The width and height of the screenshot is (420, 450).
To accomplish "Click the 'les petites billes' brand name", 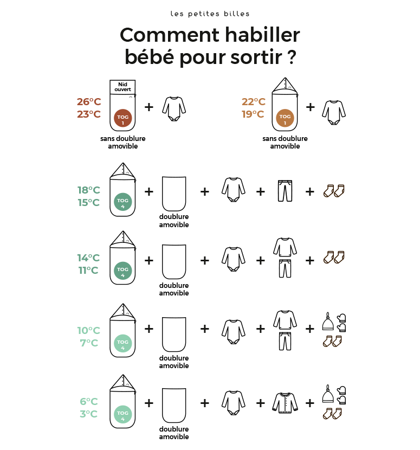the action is pos(210,14).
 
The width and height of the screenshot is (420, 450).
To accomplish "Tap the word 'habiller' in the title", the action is pos(262,35).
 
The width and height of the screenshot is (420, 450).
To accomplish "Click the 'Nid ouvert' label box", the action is pos(122,87).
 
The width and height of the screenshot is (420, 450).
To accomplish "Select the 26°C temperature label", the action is pos(89,101).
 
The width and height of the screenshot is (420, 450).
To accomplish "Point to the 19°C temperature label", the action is pos(253,114).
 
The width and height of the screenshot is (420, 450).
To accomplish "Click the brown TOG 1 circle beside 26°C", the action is pos(123,118).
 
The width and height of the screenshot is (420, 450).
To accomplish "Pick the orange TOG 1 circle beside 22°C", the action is pos(285,118).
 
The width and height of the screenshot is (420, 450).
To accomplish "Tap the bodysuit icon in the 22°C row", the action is pos(334,112).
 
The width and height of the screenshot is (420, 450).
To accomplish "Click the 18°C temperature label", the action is pos(89,190).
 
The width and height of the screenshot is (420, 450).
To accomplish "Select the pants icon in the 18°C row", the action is pos(285,191).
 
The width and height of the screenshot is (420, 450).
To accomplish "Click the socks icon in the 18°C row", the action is pos(334,191).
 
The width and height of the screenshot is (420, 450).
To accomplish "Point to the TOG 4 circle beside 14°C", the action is pos(123,271).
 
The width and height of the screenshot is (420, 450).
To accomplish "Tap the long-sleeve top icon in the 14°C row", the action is pos(285,247).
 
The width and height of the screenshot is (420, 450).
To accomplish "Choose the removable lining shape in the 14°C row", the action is pos(174,261).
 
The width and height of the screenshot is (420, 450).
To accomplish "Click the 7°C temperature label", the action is pos(89,343).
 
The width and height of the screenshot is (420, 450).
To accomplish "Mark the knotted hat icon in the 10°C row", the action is pos(328,322).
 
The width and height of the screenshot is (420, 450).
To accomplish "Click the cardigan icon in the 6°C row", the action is pos(285,403).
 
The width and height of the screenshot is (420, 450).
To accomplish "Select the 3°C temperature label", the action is pos(89,414).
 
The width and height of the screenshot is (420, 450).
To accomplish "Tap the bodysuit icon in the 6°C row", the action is pos(233,403).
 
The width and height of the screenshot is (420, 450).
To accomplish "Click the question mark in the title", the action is pos(292,57).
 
